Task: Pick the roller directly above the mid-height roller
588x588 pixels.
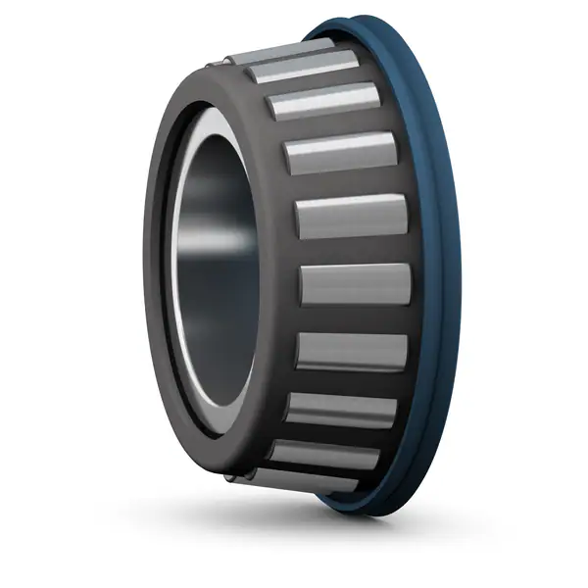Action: [351, 217]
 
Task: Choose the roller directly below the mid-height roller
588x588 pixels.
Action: [352, 351]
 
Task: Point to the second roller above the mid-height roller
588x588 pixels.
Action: [340, 152]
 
